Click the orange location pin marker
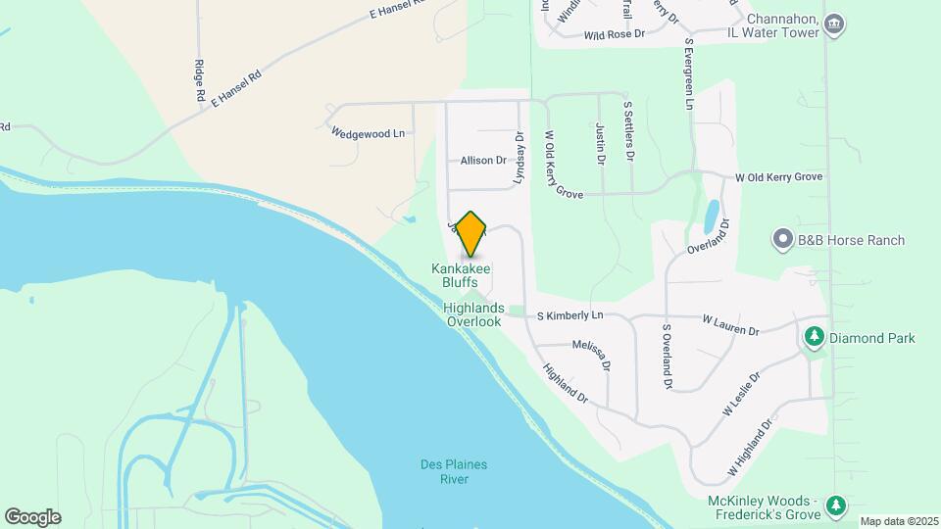point(471,234)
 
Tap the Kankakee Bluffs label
point(461,275)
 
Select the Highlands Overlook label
point(472,314)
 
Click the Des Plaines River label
point(453,471)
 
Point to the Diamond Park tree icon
point(814,338)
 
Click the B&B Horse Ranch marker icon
point(782,240)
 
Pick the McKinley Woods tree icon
point(835,505)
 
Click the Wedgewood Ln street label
point(368,132)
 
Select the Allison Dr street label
point(483,160)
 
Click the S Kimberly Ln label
point(570,315)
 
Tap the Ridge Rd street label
point(199,81)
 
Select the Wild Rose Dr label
point(614,34)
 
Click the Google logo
point(32,516)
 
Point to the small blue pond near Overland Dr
point(710,215)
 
